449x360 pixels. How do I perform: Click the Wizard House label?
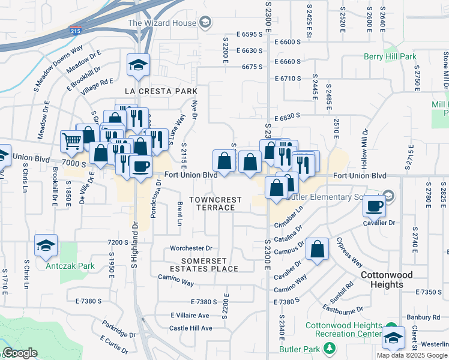(162, 23)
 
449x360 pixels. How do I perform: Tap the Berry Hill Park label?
(390, 57)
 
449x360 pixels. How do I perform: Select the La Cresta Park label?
(161, 91)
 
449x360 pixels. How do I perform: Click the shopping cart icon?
(71, 141)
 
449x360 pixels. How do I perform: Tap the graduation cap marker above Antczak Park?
(46, 245)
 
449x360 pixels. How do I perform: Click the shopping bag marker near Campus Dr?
(317, 248)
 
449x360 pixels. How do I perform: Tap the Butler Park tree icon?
(328, 347)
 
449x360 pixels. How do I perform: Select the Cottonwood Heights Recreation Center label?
(343, 329)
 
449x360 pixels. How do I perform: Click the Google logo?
(20, 353)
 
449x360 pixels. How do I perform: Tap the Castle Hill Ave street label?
(190, 328)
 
